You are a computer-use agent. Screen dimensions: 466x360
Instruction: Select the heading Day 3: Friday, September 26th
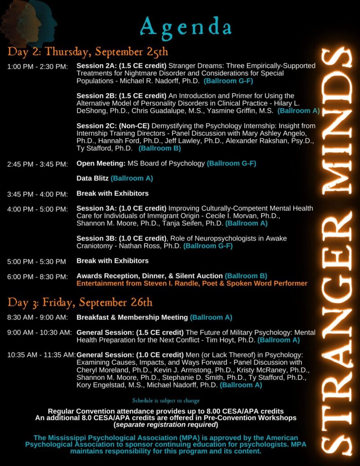[x=80, y=302]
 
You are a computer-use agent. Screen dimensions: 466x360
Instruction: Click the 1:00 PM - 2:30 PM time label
[x=37, y=66]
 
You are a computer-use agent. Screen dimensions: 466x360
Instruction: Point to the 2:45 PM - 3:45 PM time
[x=37, y=164]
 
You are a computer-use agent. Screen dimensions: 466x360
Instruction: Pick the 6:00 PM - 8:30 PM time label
[x=37, y=276]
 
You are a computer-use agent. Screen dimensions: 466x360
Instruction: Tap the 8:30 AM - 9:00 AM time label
[x=37, y=317]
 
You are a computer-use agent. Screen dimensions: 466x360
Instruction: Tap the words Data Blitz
[x=92, y=178]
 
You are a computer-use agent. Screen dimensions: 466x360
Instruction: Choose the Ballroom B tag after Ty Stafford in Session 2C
[x=160, y=148]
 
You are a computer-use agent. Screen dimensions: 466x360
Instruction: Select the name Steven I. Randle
[x=166, y=284]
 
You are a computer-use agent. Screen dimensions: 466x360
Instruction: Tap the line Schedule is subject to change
[x=166, y=400]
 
